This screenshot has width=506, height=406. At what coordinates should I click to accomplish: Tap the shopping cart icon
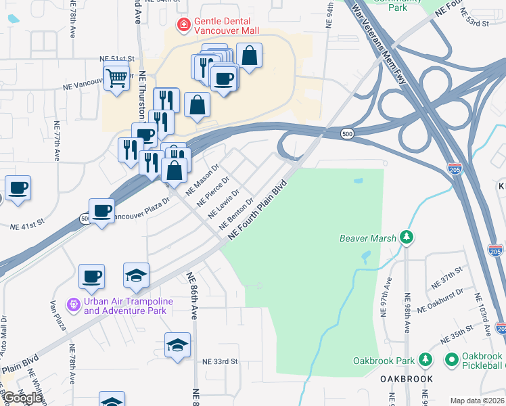[x=116, y=78]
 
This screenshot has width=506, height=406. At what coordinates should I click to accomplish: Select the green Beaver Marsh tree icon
[x=407, y=238]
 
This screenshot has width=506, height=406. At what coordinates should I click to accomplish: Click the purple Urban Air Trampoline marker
[x=74, y=306]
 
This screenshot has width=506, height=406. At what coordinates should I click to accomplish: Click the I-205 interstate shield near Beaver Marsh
[x=455, y=168]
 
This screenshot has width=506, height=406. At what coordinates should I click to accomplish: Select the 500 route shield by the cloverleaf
[x=347, y=133]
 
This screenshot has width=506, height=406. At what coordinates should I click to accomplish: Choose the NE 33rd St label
[x=221, y=361]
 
